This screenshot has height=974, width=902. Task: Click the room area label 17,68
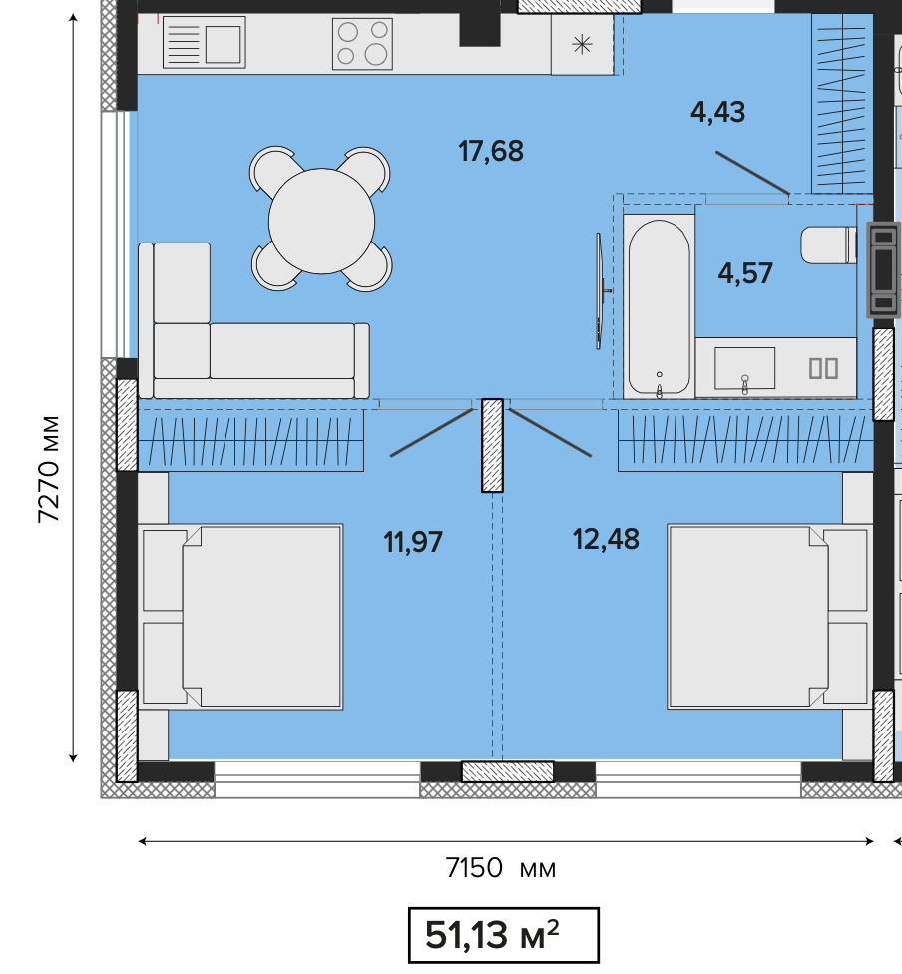point(491,151)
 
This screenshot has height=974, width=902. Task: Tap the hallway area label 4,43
point(717,112)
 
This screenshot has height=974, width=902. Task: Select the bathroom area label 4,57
point(745,273)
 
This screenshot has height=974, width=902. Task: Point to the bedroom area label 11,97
point(413,542)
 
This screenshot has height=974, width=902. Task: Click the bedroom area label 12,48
point(606,539)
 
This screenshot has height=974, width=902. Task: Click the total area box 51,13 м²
point(504,935)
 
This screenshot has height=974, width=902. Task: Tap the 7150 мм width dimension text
point(501,868)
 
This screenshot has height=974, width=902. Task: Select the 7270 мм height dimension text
point(49,469)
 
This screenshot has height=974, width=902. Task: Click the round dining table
point(322,222)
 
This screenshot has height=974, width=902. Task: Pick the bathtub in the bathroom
point(660,306)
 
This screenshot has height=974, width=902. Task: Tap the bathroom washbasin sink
point(744,368)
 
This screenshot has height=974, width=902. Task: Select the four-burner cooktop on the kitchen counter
point(363,43)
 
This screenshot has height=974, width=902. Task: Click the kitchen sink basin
point(224,44)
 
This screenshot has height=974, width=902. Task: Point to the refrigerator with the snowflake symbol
point(582,44)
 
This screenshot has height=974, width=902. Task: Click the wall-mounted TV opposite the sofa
point(600,290)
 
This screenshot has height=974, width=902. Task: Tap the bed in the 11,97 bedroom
point(240,616)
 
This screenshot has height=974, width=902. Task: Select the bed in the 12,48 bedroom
point(769,616)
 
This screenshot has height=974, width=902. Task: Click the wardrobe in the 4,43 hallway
point(842,103)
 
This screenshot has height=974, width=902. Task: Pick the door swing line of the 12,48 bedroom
point(551,433)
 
